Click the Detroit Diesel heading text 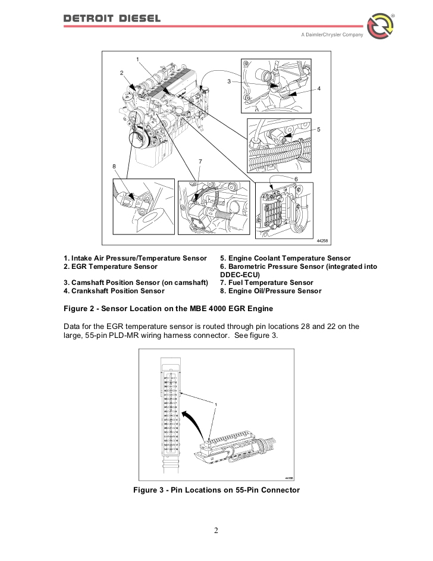click(x=112, y=18)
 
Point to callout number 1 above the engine click(x=137, y=59)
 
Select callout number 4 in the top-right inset click(x=319, y=89)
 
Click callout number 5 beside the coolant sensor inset click(x=319, y=129)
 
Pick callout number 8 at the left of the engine click(x=114, y=165)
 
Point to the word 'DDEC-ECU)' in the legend click(x=239, y=275)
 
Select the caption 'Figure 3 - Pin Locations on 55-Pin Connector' click(x=216, y=490)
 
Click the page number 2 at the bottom click(x=216, y=531)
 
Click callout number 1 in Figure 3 click(x=216, y=405)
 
